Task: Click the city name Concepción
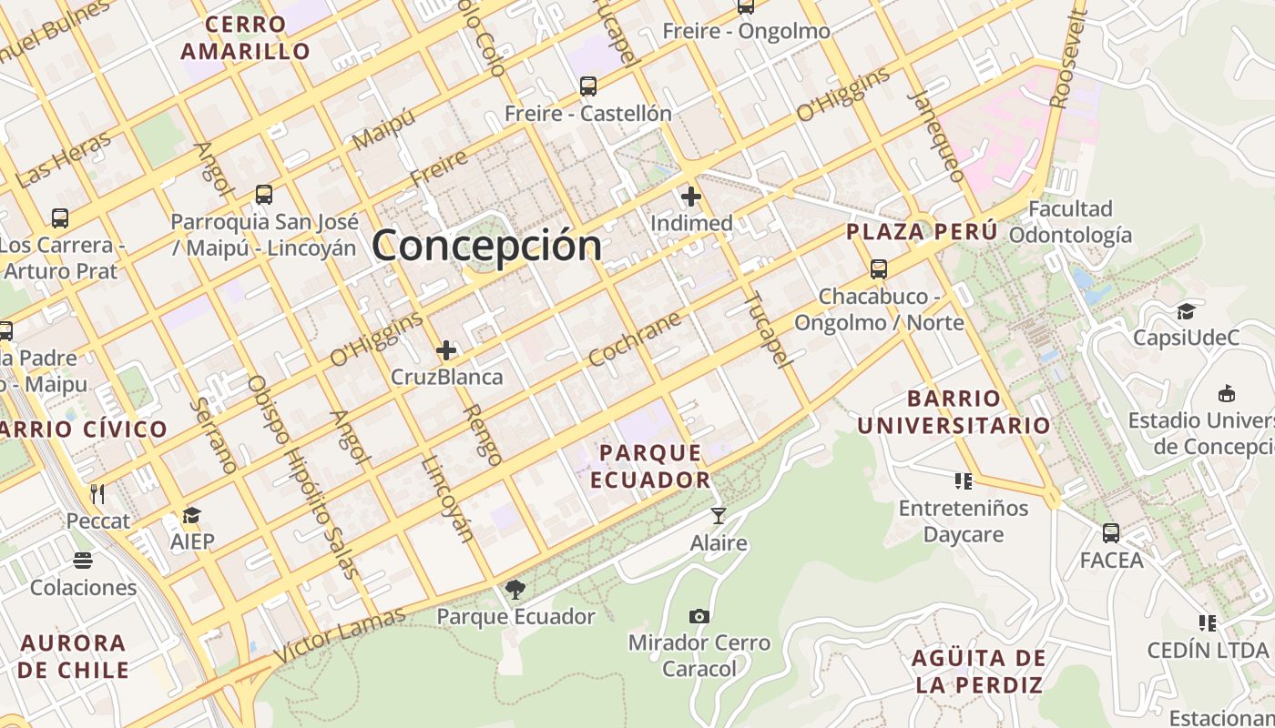point(486,245)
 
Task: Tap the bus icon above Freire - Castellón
point(588,86)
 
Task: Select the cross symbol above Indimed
point(691,196)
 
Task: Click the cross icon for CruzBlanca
point(446,350)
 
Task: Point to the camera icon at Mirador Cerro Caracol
point(699,616)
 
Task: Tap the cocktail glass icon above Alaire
point(719,516)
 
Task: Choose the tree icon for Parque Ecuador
point(515,590)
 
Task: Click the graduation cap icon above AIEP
point(191,516)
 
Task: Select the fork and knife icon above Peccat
point(97,494)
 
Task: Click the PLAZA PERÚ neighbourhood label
point(922,232)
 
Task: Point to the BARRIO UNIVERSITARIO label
point(954,412)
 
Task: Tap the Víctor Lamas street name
point(339,635)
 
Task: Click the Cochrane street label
point(635,339)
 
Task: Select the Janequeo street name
point(935,136)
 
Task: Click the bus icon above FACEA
point(1111,533)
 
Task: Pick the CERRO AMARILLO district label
point(246,38)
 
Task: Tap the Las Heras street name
point(64,159)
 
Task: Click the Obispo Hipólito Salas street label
point(302,476)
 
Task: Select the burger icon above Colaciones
point(83,560)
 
